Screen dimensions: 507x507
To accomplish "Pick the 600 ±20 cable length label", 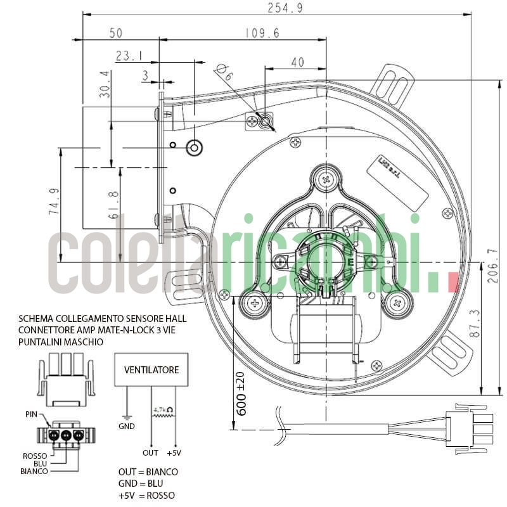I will click(x=242, y=393).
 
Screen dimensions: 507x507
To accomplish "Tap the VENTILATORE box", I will click(x=151, y=369).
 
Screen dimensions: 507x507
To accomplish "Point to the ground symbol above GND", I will click(x=127, y=418).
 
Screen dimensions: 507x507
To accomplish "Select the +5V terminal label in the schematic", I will click(x=174, y=453).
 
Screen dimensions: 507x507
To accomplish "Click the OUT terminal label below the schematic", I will click(x=150, y=453).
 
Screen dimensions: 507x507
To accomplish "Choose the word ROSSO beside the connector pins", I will click(x=35, y=456).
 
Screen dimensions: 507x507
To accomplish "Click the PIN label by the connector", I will click(x=30, y=414).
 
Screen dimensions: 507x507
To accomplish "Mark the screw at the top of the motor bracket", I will click(x=326, y=179).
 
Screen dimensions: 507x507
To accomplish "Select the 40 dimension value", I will click(x=297, y=62).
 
